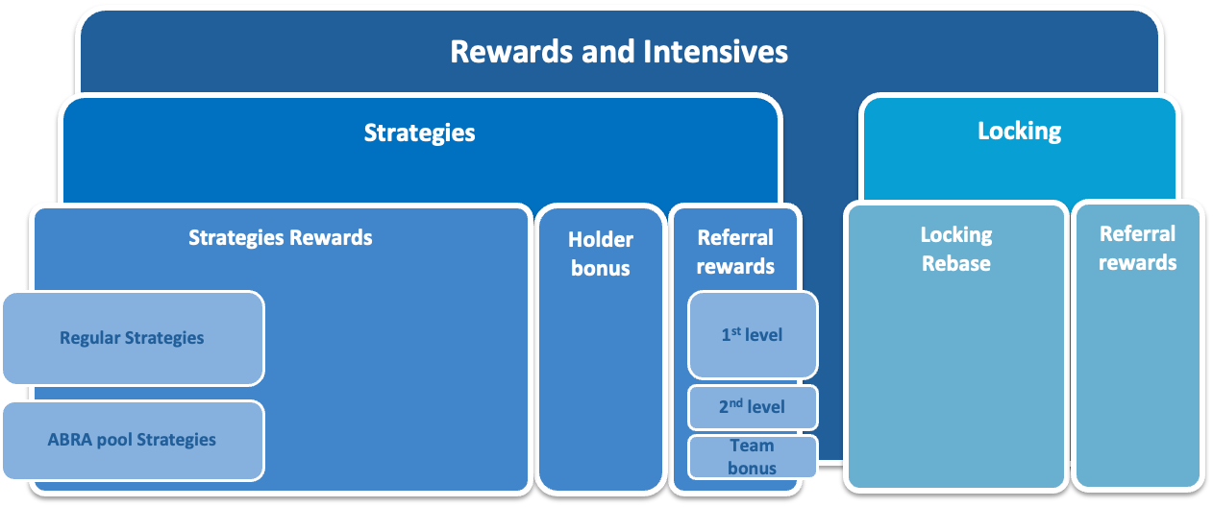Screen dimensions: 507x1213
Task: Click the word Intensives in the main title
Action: click(x=713, y=51)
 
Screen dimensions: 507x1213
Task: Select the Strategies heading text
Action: click(x=419, y=133)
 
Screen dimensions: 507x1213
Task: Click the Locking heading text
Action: click(x=1019, y=131)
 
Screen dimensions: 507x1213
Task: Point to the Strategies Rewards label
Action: click(x=280, y=237)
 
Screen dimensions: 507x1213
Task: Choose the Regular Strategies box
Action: click(x=133, y=338)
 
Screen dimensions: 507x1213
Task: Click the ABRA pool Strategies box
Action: click(x=133, y=440)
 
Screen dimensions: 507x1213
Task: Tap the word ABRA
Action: click(x=69, y=440)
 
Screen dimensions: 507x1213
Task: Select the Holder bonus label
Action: click(x=601, y=253)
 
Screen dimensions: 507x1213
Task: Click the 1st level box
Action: click(x=753, y=335)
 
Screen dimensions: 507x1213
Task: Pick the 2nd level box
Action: click(x=753, y=407)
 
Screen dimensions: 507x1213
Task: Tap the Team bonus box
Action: click(x=753, y=457)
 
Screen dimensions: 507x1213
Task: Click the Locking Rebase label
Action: click(x=956, y=249)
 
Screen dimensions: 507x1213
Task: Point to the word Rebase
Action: click(x=956, y=264)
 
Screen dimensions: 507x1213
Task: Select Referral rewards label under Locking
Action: click(x=1138, y=248)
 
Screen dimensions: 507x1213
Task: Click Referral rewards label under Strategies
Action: click(x=735, y=252)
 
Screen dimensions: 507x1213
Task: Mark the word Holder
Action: click(x=601, y=239)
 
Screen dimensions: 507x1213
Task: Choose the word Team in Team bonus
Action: click(x=752, y=446)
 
